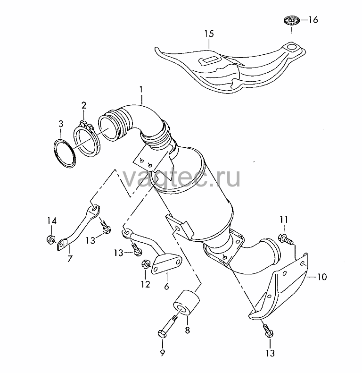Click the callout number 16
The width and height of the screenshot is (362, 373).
(313, 20)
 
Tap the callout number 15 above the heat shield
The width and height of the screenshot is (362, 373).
(209, 34)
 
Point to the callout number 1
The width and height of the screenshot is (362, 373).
(141, 90)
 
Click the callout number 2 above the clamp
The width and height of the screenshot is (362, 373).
(83, 105)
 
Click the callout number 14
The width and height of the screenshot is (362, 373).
(52, 221)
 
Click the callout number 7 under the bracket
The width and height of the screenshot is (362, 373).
(70, 258)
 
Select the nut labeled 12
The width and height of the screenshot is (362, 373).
(145, 264)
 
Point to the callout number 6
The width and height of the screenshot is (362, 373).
(166, 286)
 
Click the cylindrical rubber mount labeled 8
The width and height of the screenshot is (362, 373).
(187, 302)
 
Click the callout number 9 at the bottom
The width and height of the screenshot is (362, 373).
(163, 352)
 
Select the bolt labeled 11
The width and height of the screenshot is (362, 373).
(286, 239)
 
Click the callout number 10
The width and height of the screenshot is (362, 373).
(322, 277)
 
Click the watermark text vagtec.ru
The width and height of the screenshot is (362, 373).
(181, 178)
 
